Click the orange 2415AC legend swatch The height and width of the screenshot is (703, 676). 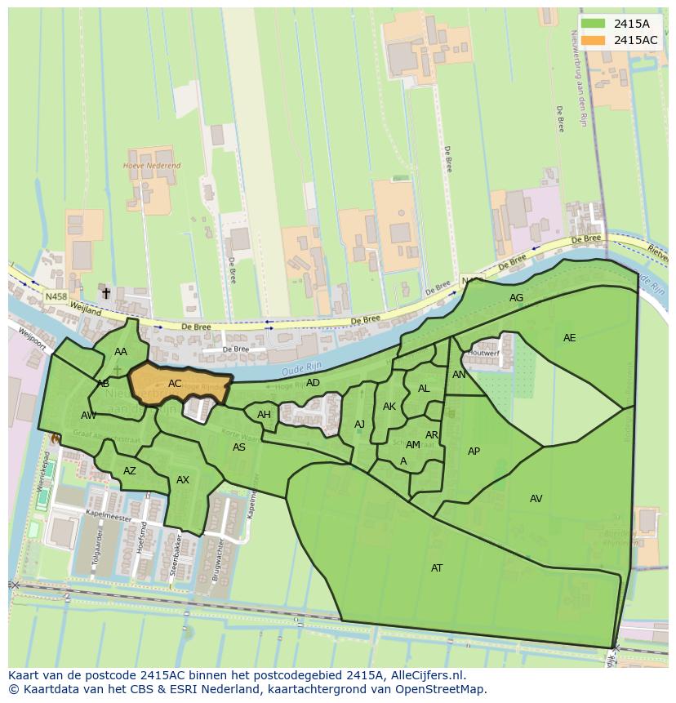[594, 40]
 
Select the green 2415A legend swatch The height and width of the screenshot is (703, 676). [594, 24]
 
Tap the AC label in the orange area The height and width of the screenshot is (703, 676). [175, 383]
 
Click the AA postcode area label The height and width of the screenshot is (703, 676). [121, 352]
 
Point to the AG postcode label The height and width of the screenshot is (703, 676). [516, 298]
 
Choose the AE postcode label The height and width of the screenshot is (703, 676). [569, 338]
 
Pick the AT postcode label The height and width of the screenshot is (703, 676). [437, 567]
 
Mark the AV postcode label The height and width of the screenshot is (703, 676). [536, 499]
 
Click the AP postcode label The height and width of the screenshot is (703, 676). [474, 452]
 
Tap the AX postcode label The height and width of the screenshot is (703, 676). [183, 480]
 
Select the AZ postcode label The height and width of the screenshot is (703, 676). [130, 471]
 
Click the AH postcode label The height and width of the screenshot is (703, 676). [264, 415]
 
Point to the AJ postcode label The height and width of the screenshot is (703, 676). [359, 425]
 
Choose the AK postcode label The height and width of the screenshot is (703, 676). [389, 407]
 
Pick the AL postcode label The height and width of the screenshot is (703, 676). [424, 389]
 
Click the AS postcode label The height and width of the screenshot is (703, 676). [239, 447]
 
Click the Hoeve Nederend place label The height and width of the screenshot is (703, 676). [151, 166]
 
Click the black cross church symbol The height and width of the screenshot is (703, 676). [105, 292]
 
